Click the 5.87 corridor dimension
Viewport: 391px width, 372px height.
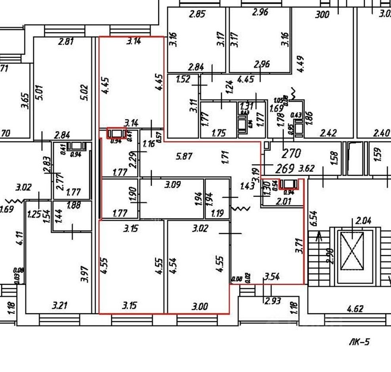pos(184,156)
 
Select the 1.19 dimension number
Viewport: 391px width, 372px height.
pos(218,213)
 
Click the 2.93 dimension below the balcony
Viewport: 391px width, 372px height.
pos(273,301)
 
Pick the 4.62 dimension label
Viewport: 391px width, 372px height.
pos(355,308)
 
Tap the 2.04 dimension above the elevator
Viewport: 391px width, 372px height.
pos(363,221)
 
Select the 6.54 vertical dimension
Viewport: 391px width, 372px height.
pos(313,219)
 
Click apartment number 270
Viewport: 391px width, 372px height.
pos(291,153)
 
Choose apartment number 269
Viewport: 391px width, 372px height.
pos(284,168)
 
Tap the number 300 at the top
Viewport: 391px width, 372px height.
pos(322,15)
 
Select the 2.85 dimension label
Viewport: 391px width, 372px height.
pos(197,14)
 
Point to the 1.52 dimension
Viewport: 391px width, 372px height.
pos(183,79)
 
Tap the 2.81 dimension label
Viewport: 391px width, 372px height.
pos(66,41)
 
